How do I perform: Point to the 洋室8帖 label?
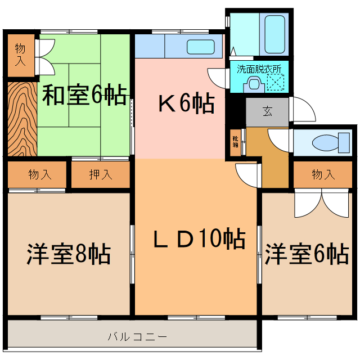(x=68, y=254)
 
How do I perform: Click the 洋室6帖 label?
(x=307, y=254)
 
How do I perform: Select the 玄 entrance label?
(x=267, y=111)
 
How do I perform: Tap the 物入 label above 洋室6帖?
(x=323, y=175)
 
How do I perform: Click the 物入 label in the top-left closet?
(x=20, y=54)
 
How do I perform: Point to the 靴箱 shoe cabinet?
(x=235, y=141)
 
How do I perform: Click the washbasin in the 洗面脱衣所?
(x=254, y=84)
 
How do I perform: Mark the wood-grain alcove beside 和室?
(x=21, y=120)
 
